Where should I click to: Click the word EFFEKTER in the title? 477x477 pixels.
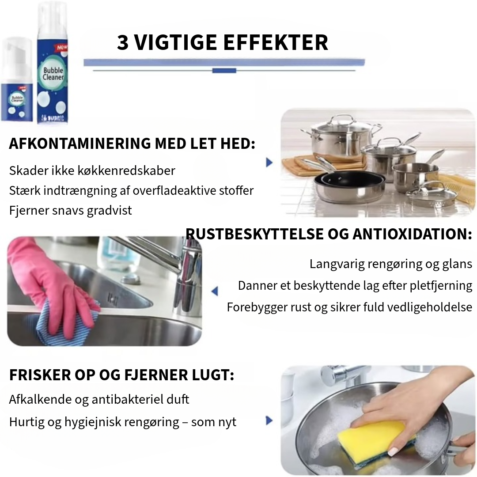click(276, 42)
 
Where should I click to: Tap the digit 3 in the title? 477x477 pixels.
click(123, 42)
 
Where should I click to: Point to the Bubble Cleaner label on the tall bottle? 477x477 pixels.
click(53, 74)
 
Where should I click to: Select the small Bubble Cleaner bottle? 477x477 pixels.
click(16, 79)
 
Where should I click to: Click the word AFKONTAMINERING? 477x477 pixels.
click(80, 144)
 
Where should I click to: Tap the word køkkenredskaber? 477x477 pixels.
click(126, 170)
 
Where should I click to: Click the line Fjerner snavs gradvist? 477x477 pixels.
click(71, 211)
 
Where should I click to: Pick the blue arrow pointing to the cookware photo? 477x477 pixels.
click(269, 162)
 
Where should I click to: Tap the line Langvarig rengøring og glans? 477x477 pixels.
click(391, 264)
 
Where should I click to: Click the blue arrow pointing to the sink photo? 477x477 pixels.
click(215, 291)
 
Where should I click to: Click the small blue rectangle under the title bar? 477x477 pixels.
click(224, 71)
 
